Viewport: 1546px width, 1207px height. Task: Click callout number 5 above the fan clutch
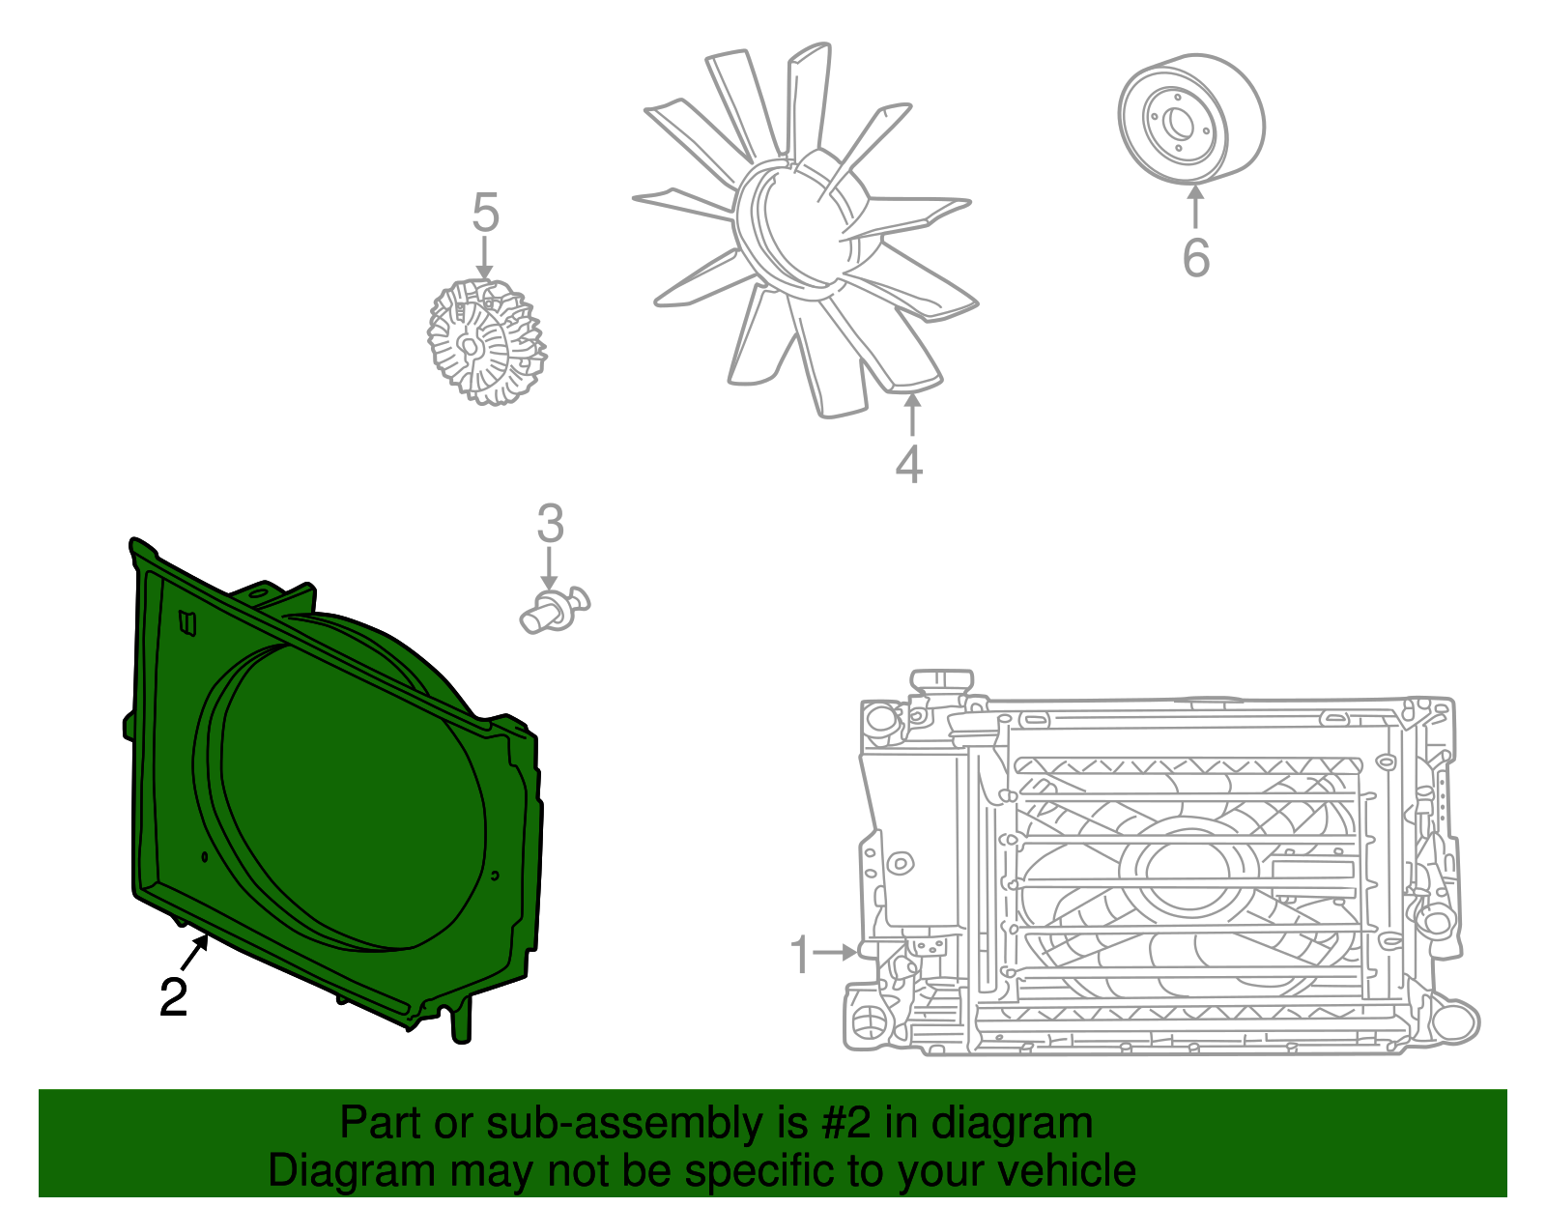click(485, 213)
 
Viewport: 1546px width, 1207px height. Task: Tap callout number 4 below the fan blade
click(908, 464)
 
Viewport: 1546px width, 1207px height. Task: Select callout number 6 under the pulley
click(1196, 257)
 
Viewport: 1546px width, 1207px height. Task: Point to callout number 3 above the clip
click(550, 524)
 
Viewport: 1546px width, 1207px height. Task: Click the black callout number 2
click(173, 997)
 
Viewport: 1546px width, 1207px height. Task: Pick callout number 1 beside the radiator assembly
click(799, 954)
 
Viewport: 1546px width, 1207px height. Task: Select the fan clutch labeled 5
click(486, 342)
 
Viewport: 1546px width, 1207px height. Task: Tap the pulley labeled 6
click(1191, 118)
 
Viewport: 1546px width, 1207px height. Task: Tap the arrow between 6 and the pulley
click(1196, 207)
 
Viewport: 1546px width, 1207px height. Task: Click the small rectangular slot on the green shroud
click(187, 623)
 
